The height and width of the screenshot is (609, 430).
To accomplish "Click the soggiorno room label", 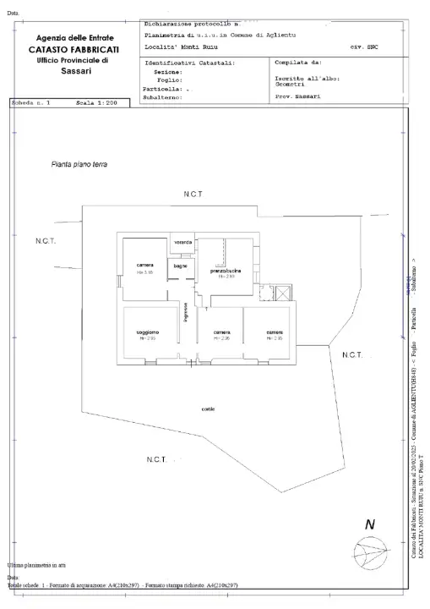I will point(146,332).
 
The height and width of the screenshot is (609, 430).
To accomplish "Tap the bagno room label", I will point(180,266).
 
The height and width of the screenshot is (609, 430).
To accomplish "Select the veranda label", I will point(182,243).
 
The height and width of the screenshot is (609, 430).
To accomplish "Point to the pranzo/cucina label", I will point(226,271).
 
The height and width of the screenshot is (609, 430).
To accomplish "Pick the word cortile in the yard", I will point(208,409).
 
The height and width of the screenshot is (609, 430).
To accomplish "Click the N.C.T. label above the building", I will point(193,195).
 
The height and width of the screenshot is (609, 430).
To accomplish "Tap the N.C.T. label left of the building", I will point(46,242).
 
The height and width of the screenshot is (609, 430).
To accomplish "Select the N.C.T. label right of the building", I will point(352,354).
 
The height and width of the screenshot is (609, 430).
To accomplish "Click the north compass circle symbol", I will point(369,556).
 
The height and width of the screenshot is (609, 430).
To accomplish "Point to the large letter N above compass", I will point(369,525).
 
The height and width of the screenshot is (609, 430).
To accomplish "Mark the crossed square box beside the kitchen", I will point(282,292).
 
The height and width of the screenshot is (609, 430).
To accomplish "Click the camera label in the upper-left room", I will point(144,265).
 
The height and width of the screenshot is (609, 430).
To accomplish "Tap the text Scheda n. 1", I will point(32,102).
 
